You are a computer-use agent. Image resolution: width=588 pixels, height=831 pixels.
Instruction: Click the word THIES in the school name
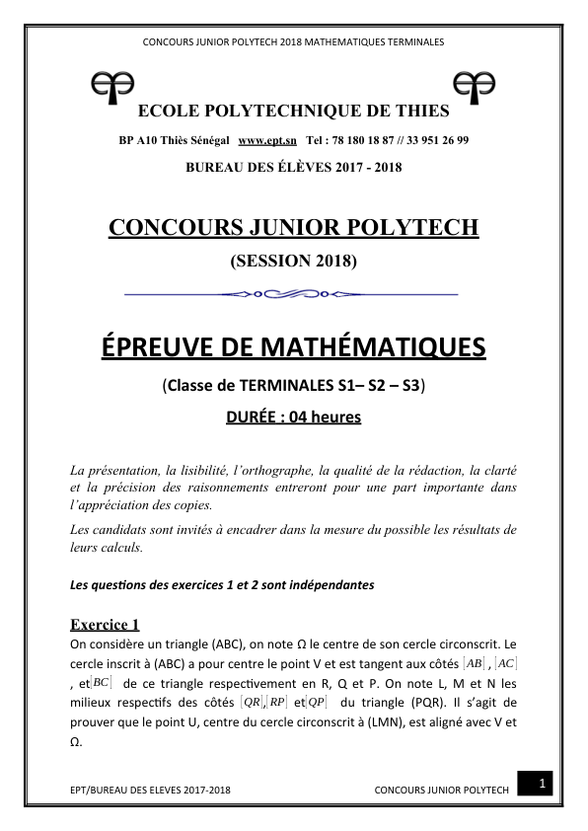coord(423,111)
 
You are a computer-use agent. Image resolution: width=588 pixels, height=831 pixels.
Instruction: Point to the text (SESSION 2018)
coord(293,262)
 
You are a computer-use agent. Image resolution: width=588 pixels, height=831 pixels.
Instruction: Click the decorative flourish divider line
coord(293,293)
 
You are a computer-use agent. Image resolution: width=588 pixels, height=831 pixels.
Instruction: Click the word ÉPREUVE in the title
coord(157,348)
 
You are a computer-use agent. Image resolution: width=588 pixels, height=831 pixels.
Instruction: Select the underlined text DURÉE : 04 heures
coord(294,416)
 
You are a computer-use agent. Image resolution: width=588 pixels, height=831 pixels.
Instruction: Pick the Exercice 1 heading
coord(106,624)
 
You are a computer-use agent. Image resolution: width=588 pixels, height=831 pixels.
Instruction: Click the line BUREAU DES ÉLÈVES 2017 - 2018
coord(293,168)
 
